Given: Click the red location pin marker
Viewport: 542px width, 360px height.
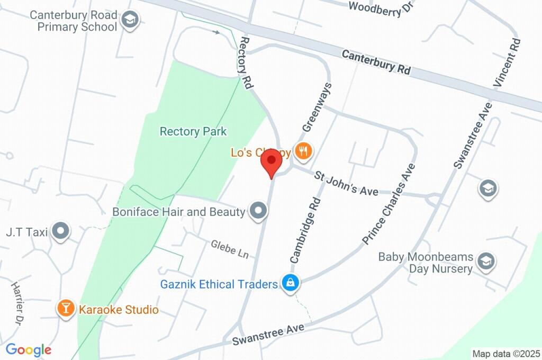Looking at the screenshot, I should [x=272, y=161].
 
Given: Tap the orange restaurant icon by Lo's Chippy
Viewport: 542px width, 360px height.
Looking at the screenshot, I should [x=303, y=152].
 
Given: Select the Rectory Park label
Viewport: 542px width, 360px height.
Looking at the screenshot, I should [x=193, y=131].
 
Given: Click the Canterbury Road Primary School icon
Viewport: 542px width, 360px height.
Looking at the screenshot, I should [x=129, y=21].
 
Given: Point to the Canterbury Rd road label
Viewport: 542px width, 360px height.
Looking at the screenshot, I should [x=376, y=62].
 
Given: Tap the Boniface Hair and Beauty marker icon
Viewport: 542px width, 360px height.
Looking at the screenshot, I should [x=259, y=211].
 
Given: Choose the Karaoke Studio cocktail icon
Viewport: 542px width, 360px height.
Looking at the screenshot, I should [x=66, y=309].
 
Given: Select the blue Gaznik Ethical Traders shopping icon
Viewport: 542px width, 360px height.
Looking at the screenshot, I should [x=291, y=283].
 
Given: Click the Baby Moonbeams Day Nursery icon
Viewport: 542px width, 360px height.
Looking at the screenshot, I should [x=485, y=261].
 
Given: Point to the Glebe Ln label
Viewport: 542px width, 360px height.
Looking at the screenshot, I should [x=230, y=249].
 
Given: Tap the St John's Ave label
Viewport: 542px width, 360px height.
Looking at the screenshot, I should [x=346, y=183].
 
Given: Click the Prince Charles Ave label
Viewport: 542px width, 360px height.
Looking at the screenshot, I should [x=389, y=204].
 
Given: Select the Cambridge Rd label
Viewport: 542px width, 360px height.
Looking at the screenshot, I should [x=305, y=230].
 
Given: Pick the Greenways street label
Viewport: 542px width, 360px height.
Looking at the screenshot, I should [x=317, y=107].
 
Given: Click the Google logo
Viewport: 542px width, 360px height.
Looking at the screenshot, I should [x=29, y=350].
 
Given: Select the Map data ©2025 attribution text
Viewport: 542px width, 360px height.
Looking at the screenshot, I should [x=506, y=354].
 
